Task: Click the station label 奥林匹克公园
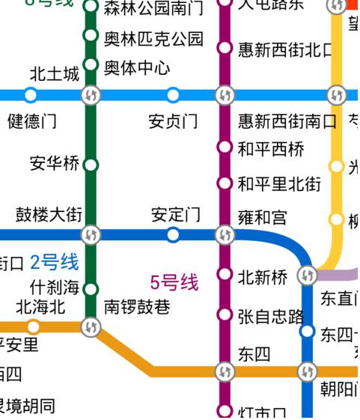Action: click(x=153, y=39)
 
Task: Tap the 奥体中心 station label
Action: click(x=137, y=67)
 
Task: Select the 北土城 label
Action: click(x=54, y=75)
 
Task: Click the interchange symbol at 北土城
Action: click(x=91, y=95)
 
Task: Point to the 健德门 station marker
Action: click(x=31, y=95)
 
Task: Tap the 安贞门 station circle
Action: click(x=173, y=95)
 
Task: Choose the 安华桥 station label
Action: click(x=54, y=164)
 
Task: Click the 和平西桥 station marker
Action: click(x=224, y=146)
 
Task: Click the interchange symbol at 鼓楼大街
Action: click(x=91, y=235)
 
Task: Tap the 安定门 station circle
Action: click(x=173, y=235)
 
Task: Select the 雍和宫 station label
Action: click(x=262, y=218)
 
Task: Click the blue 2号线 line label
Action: click(x=54, y=262)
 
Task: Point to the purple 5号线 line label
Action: click(x=174, y=283)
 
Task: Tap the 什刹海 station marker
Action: click(x=91, y=289)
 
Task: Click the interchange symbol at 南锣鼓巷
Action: click(x=91, y=326)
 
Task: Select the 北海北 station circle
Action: click(x=33, y=326)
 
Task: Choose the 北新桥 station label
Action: click(x=262, y=278)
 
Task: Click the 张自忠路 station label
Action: click(x=271, y=317)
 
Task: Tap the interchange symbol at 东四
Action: click(x=224, y=371)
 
